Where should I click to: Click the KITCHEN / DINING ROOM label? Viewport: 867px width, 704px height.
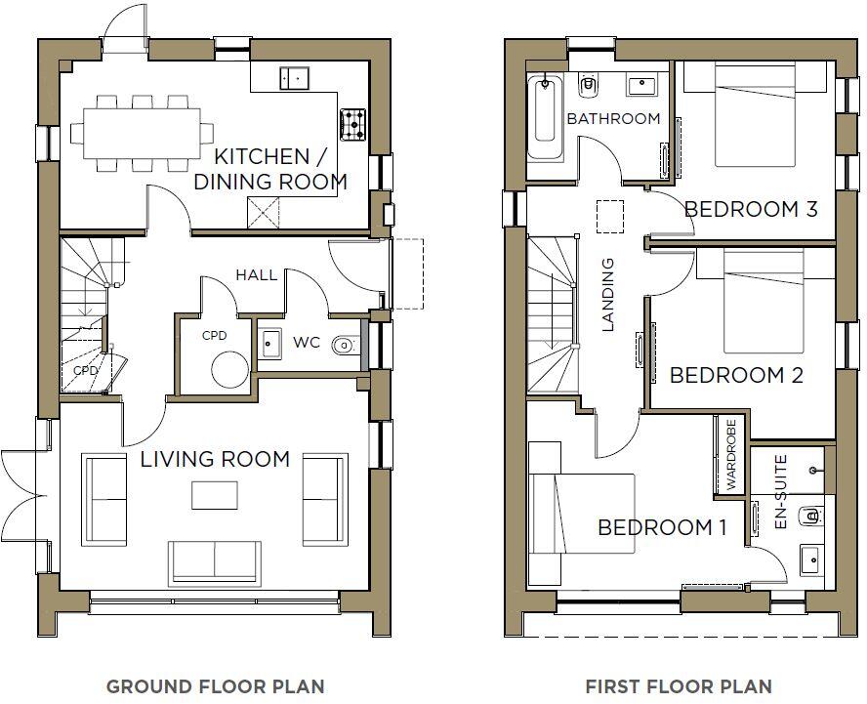click(280, 168)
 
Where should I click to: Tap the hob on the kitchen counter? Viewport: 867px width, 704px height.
click(352, 124)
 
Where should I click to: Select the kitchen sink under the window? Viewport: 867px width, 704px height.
click(294, 77)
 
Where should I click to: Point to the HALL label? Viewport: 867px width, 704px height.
click(256, 275)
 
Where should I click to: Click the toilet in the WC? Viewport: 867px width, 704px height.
click(345, 344)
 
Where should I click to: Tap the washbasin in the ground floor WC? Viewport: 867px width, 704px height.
click(269, 343)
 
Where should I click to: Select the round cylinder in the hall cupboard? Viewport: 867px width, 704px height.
click(230, 371)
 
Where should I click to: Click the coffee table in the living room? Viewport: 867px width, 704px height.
click(215, 495)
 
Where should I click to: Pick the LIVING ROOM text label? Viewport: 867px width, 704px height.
click(215, 459)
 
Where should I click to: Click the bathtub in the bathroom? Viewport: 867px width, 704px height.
click(546, 120)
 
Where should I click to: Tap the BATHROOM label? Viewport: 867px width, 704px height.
click(613, 119)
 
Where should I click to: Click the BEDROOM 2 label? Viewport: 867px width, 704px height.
click(736, 375)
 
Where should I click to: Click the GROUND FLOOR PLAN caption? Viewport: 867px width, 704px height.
click(215, 686)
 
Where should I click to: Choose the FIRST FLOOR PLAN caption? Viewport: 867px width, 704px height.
click(678, 686)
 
